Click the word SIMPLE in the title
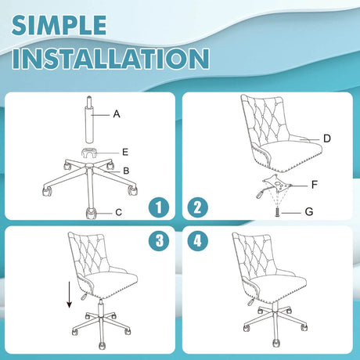point(59,25)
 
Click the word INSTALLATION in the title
point(110,58)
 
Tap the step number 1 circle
point(159,207)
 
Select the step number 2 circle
point(198,207)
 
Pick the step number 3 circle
point(159,240)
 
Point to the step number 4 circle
point(198,240)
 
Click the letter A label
point(117,114)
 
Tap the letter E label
point(125,152)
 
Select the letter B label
point(126,171)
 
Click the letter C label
point(119,212)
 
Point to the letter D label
point(327,139)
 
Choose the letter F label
point(315,185)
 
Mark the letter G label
point(309,212)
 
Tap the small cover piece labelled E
point(89,153)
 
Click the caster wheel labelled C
point(91,213)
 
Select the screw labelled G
point(277,212)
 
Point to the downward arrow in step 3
point(69,294)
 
